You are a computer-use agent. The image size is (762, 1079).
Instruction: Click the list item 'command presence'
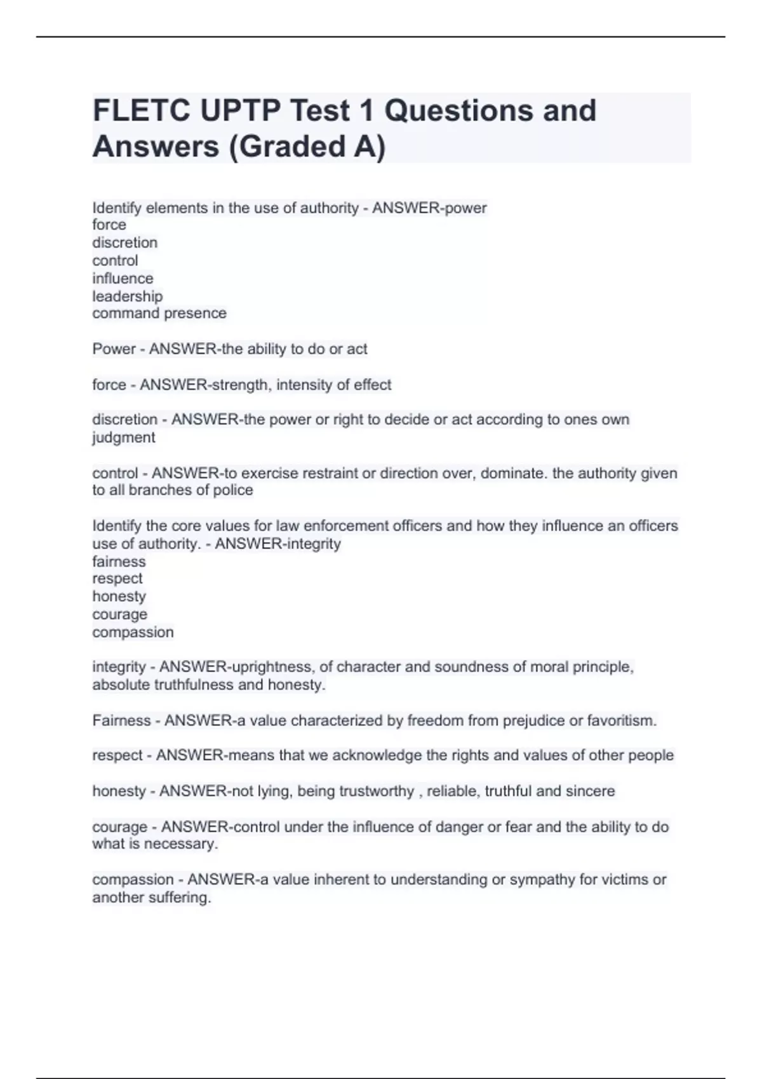pos(159,314)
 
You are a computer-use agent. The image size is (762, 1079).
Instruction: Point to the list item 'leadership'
pos(127,296)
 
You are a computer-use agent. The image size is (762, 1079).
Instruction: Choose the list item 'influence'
pos(123,279)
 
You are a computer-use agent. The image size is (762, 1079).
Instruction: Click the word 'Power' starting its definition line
pos(112,349)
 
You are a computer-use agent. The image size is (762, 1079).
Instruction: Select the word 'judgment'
pos(123,438)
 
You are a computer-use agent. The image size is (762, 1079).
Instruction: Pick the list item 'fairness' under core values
pos(119,562)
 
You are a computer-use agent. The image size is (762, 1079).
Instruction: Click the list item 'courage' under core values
pos(119,614)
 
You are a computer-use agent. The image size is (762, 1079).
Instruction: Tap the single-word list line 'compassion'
pos(133,633)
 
